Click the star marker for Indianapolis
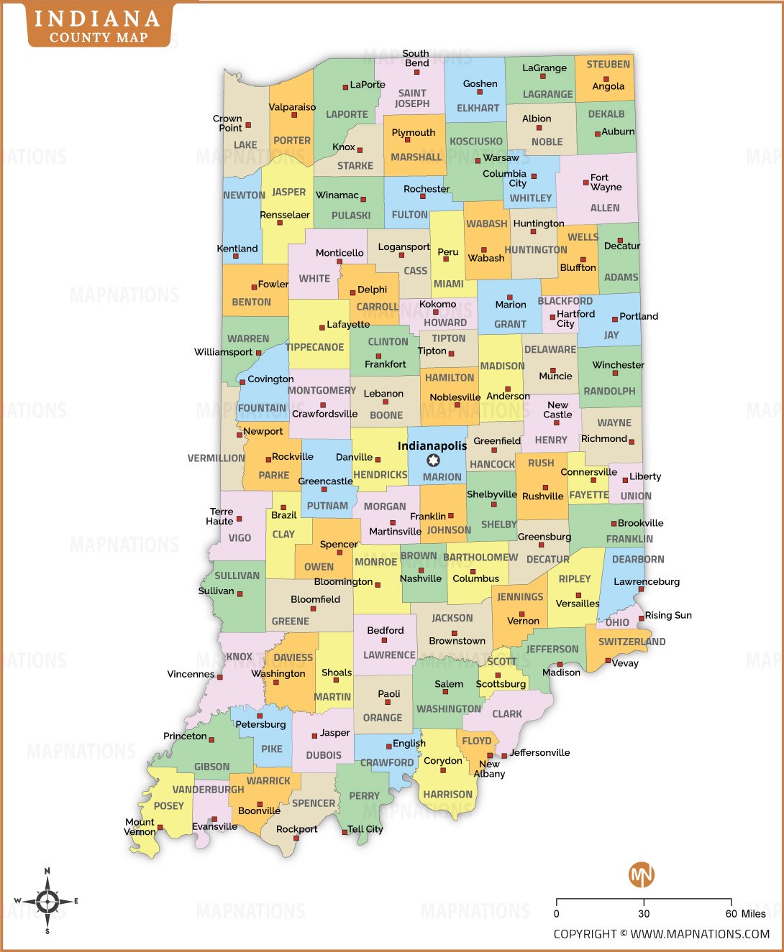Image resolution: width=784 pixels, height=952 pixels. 433,461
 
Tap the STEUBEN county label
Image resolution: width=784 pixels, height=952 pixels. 608,64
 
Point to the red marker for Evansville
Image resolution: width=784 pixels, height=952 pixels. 214,819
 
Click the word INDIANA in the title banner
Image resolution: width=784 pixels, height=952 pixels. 97,19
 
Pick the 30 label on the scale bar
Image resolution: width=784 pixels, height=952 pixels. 644,914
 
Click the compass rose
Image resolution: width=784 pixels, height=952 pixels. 47,901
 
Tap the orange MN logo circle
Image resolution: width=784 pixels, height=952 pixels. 642,874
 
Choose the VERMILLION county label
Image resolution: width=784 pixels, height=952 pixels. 216,458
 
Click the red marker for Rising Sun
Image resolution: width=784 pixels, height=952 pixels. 642,618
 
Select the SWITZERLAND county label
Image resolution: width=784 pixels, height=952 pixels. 632,642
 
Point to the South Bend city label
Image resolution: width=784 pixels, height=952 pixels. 416,58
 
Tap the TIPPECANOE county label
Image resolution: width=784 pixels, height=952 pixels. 315,347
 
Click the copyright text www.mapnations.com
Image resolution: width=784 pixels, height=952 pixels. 661,934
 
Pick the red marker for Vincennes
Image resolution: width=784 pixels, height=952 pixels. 220,677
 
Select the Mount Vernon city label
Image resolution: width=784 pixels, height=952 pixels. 140,827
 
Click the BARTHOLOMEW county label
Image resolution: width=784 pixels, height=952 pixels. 480,558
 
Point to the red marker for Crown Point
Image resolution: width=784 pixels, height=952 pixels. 248,125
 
